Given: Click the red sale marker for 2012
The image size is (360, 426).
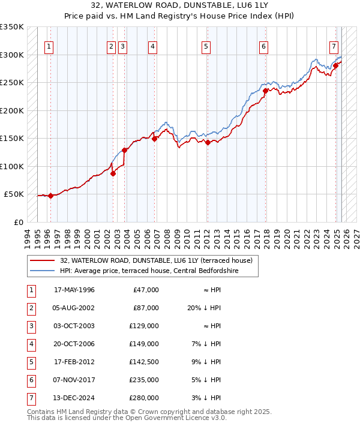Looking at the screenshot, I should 208,143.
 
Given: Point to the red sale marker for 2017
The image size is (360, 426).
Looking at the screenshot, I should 265,91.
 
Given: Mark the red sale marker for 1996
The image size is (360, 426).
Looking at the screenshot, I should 51,196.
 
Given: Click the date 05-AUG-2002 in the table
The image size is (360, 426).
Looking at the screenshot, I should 74,308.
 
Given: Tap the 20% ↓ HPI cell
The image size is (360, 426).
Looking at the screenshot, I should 205,308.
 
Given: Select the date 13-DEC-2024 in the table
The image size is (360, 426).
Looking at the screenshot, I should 74,398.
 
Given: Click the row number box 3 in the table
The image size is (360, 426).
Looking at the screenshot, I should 31,326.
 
